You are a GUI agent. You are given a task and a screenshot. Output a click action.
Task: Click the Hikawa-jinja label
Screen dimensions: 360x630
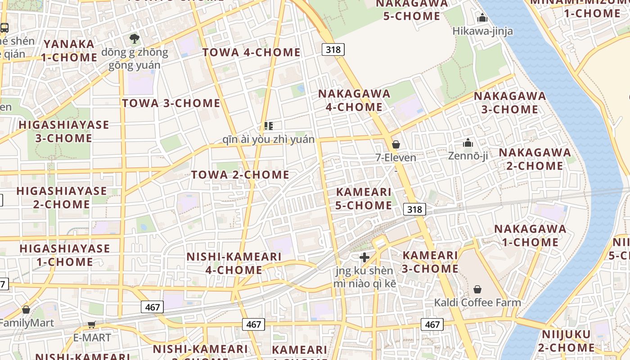(482, 31)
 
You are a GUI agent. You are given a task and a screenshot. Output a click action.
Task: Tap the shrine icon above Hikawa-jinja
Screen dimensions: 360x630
(482, 18)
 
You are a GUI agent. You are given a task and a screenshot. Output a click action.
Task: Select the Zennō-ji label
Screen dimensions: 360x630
(468, 156)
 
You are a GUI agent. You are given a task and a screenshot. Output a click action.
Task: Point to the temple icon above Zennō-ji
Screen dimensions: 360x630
(468, 143)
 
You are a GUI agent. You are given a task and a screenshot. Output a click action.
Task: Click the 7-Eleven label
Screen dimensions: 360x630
(396, 157)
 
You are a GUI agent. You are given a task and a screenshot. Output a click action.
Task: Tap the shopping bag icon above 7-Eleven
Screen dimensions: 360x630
(396, 144)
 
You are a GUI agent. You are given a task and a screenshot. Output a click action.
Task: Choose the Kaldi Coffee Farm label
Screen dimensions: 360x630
(477, 302)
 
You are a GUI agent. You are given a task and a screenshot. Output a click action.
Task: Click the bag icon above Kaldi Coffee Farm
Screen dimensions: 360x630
(477, 289)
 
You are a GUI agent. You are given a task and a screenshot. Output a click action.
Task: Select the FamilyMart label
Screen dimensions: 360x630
(27, 323)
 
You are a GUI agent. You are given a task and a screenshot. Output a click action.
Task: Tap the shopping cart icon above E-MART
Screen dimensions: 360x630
(92, 324)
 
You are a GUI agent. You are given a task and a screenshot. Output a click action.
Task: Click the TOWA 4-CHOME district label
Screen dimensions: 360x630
(251, 52)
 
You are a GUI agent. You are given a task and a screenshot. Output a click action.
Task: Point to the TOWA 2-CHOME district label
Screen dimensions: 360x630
(240, 175)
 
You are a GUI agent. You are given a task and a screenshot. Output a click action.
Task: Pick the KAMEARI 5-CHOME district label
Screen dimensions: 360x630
(364, 198)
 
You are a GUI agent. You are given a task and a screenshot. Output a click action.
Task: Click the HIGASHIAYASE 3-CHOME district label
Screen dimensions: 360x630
(63, 131)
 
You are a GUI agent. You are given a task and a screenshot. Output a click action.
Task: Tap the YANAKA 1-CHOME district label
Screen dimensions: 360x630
(69, 51)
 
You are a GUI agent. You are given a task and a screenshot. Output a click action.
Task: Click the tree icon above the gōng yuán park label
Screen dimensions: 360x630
(134, 38)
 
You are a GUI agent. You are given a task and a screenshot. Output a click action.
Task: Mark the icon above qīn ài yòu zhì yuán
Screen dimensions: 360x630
(269, 126)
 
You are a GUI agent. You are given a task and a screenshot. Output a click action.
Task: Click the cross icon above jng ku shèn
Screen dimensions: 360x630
(364, 257)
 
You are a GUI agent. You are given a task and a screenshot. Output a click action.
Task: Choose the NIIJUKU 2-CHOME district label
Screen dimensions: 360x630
(566, 341)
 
